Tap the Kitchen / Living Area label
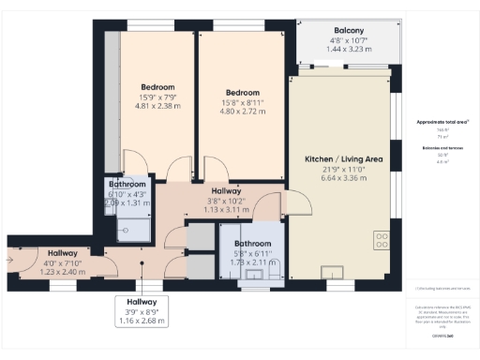coord(344,160)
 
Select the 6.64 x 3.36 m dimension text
coord(344,178)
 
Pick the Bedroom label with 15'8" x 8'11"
coord(243,92)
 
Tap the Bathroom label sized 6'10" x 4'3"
coord(127,185)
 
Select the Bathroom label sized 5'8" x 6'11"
coord(253,245)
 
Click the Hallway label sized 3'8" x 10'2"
coord(227,190)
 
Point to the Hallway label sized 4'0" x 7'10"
coord(63,253)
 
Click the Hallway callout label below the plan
coord(142,301)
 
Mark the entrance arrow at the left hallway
coord(11,260)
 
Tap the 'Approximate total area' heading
coord(436,123)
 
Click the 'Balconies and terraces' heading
coord(436,148)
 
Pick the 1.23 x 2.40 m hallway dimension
coord(63,272)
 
